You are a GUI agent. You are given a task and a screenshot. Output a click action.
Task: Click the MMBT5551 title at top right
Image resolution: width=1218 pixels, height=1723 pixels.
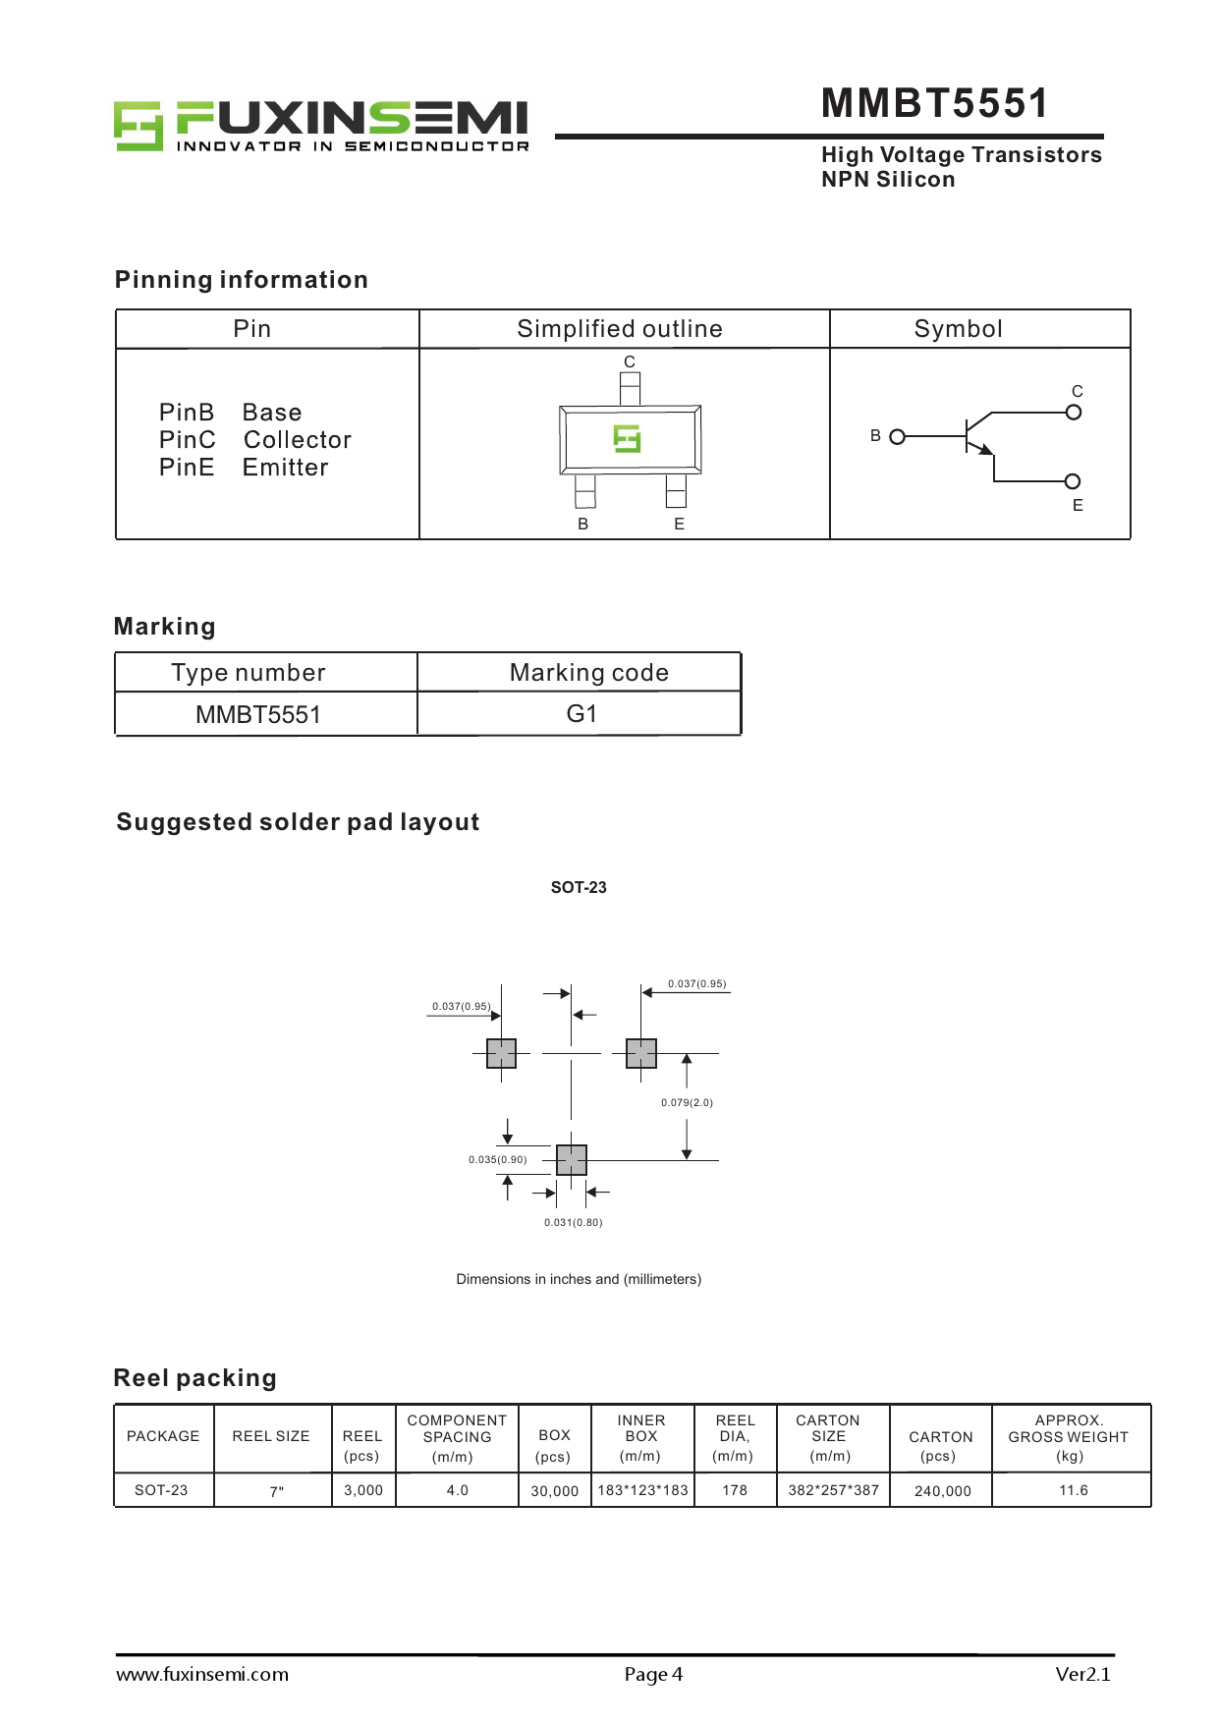pyautogui.click(x=934, y=103)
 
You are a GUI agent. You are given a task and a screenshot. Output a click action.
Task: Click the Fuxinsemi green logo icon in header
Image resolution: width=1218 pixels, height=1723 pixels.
pyautogui.click(x=138, y=125)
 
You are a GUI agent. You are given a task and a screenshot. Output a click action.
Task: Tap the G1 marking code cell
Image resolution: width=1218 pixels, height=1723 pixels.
pyautogui.click(x=581, y=714)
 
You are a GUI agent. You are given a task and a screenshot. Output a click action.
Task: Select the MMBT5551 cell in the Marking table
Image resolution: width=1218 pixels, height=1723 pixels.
pyautogui.click(x=258, y=715)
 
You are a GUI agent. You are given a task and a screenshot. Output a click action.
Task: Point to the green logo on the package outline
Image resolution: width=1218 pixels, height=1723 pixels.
pyautogui.click(x=627, y=438)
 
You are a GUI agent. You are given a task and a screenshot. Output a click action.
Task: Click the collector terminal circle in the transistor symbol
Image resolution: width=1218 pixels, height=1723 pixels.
pyautogui.click(x=1074, y=413)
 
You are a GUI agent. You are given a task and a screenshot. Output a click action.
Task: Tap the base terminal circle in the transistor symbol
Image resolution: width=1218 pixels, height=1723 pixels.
pyautogui.click(x=897, y=436)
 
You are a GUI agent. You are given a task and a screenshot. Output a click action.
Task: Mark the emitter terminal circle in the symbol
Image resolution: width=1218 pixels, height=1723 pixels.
pyautogui.click(x=1073, y=481)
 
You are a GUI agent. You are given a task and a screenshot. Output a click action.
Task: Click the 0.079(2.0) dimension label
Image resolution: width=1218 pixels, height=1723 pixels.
pyautogui.click(x=687, y=1102)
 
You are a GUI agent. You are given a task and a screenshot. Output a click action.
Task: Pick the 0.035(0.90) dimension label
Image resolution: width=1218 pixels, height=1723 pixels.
pyautogui.click(x=497, y=1160)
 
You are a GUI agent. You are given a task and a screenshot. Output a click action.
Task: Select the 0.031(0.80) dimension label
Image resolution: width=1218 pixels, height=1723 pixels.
pyautogui.click(x=574, y=1223)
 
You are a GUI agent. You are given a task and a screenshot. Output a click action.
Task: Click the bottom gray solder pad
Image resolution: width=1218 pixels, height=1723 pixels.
pyautogui.click(x=572, y=1160)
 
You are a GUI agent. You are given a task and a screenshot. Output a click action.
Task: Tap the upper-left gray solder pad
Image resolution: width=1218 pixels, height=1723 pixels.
pyautogui.click(x=501, y=1053)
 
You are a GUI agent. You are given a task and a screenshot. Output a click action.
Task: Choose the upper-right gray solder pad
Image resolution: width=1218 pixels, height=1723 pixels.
pyautogui.click(x=641, y=1053)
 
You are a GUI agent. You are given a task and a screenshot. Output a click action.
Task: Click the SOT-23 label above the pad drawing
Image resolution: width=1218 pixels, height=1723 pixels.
pyautogui.click(x=579, y=888)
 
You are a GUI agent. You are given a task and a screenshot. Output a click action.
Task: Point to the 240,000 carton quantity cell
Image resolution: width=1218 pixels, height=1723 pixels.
pyautogui.click(x=942, y=1491)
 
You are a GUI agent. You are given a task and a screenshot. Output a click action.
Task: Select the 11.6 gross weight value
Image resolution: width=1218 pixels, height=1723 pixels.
pyautogui.click(x=1073, y=1490)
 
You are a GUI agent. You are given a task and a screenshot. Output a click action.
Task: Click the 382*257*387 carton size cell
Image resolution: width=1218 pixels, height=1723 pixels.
pyautogui.click(x=833, y=1490)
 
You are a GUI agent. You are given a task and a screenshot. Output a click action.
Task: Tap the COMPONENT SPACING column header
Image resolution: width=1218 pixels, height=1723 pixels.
pyautogui.click(x=457, y=1437)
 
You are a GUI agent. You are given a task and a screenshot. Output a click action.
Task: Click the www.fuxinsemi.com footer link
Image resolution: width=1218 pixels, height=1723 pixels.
pyautogui.click(x=202, y=1675)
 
